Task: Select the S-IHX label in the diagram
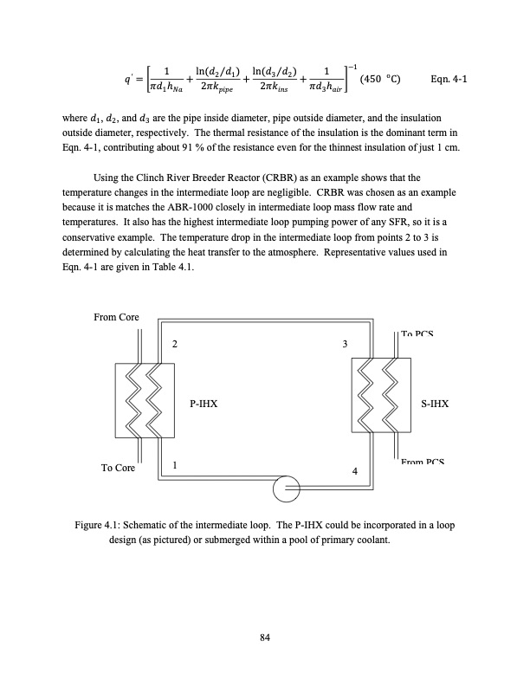[x=434, y=404]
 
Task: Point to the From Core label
[x=116, y=318]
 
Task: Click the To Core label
[x=118, y=468]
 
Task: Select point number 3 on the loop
[x=346, y=345]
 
